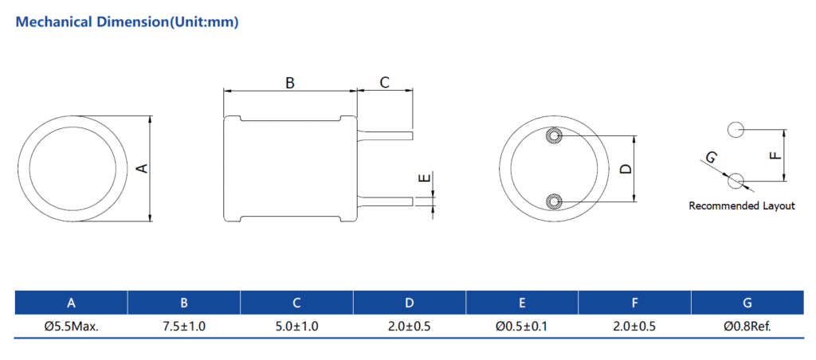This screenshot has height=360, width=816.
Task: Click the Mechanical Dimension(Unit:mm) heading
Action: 127,22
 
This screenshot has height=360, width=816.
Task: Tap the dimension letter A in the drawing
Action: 142,168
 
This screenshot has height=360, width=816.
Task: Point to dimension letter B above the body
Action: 290,82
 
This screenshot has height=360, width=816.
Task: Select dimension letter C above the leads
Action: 384,82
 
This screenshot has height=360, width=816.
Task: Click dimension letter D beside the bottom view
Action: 626,169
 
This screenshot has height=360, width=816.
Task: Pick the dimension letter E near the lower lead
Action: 426,178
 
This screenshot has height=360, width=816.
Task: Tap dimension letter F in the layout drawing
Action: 775,155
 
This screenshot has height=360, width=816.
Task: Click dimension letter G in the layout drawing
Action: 711,157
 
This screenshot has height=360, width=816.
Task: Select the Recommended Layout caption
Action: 742,206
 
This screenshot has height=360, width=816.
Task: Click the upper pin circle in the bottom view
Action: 553,137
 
